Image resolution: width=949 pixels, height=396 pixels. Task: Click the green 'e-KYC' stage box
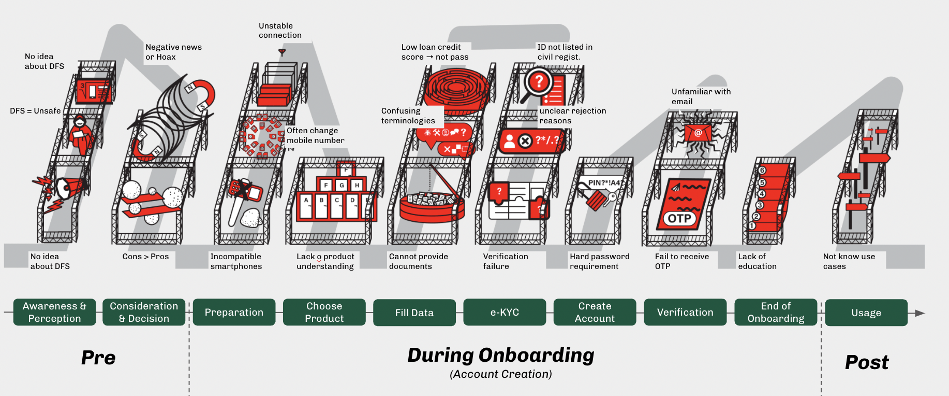pos(505,312)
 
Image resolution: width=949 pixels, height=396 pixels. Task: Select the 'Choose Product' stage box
pos(324,312)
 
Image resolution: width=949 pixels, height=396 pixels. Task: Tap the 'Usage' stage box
pos(866,313)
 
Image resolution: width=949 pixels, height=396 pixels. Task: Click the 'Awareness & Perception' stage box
pos(54,312)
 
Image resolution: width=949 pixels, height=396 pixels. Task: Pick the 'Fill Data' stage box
pos(414,313)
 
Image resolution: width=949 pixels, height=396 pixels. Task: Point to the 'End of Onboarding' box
pos(776,312)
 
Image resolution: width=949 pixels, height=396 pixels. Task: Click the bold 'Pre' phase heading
pos(98,358)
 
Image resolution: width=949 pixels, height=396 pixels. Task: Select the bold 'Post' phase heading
pos(867,362)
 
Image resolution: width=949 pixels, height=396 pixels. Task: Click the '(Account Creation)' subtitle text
pos(501,374)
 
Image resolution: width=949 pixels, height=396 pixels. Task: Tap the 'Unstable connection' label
pos(280,31)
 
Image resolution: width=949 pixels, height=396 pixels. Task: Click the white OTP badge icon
pos(679,218)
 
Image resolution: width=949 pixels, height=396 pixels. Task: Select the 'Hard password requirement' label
pos(599,261)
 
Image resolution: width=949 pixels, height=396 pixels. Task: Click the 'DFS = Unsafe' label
pos(35,111)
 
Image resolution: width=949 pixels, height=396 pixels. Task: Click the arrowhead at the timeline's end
pos(920,313)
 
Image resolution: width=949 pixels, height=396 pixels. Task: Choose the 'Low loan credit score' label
pos(435,52)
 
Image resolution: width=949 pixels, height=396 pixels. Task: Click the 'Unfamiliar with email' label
pos(701,96)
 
